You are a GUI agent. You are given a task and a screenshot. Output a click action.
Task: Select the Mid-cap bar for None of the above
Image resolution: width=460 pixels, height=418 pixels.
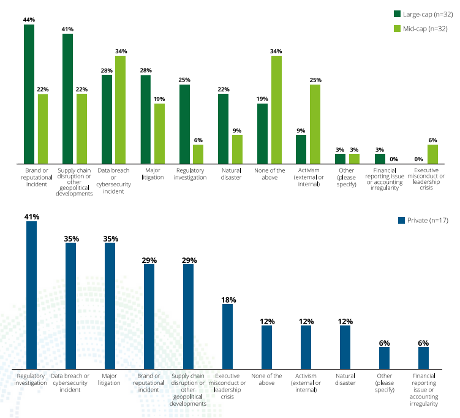(276, 110)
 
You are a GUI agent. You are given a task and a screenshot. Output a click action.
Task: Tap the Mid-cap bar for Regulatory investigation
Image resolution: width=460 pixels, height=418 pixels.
(198, 154)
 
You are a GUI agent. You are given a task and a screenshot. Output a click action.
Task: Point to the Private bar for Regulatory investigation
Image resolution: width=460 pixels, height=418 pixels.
(31, 295)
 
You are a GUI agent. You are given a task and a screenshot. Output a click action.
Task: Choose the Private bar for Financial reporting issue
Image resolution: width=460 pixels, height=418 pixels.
(423, 358)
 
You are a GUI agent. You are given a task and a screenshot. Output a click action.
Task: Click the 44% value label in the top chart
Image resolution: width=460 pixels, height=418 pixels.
(29, 20)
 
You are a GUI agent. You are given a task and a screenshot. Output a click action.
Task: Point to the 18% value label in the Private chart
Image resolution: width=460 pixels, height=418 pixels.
(228, 300)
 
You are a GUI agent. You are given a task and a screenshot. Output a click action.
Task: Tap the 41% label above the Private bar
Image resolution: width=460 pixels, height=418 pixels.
(31, 216)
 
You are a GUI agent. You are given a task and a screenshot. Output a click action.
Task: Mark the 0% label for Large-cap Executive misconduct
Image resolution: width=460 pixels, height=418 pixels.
(419, 159)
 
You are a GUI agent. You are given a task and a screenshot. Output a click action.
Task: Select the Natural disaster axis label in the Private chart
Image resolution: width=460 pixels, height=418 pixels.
(345, 379)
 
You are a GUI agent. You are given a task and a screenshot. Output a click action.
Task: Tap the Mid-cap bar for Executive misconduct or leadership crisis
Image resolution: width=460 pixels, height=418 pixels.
(432, 154)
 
